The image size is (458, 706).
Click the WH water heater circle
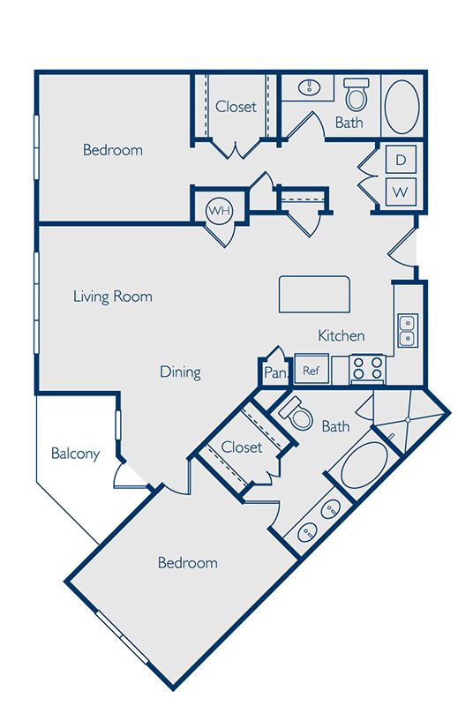[x=220, y=210]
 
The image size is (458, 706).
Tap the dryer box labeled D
[x=401, y=160]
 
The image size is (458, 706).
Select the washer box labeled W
[x=401, y=192]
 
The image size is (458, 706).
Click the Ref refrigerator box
[x=312, y=370]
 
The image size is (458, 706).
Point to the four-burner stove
[x=368, y=368]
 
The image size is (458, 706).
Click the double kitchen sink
[x=407, y=331]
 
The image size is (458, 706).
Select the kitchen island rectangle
[x=314, y=295]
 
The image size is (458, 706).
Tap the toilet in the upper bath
[x=357, y=95]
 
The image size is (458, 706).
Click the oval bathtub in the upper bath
[x=402, y=107]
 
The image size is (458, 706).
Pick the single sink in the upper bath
[x=310, y=86]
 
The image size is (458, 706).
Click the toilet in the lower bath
[x=297, y=414]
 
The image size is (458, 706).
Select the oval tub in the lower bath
[x=364, y=465]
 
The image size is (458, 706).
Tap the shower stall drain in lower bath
[x=407, y=419]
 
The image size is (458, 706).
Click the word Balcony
[x=75, y=454]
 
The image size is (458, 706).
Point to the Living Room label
[x=113, y=297]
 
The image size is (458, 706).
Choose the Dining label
[x=180, y=372]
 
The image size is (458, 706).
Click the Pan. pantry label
[x=275, y=372]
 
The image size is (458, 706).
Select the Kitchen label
[x=341, y=335]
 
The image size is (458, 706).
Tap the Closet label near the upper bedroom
[x=236, y=107]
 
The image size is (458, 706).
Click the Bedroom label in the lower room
[x=187, y=562]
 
